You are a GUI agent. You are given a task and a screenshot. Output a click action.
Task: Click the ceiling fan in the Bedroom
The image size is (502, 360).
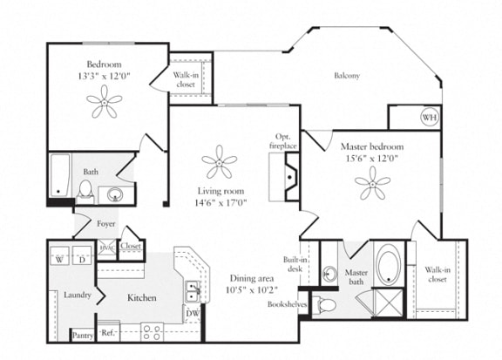point(105,105)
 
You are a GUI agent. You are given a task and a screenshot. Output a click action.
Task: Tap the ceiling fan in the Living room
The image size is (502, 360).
point(218,161)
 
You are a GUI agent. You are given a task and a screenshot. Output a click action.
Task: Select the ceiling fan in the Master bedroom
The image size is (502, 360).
point(372,182)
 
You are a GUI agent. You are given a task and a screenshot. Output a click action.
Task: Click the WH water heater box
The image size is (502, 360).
point(428,118)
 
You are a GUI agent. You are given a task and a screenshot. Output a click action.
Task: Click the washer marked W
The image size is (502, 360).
point(59,258)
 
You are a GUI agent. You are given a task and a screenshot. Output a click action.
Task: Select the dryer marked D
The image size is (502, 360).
point(82,258)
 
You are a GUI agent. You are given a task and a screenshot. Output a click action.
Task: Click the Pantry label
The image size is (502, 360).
point(82,335)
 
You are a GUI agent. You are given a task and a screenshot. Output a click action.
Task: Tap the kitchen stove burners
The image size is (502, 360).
point(152,331)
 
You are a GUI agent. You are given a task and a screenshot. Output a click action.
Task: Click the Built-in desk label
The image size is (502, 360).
point(294,265)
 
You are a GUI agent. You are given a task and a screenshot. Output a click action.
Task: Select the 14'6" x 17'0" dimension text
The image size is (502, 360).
point(220,202)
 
